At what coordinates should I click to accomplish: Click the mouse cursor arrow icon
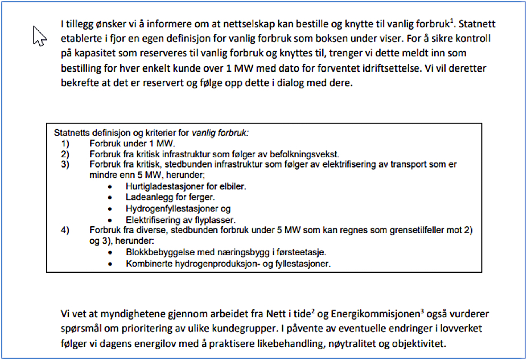pos(39,36)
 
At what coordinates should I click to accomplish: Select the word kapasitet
pos(90,55)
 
